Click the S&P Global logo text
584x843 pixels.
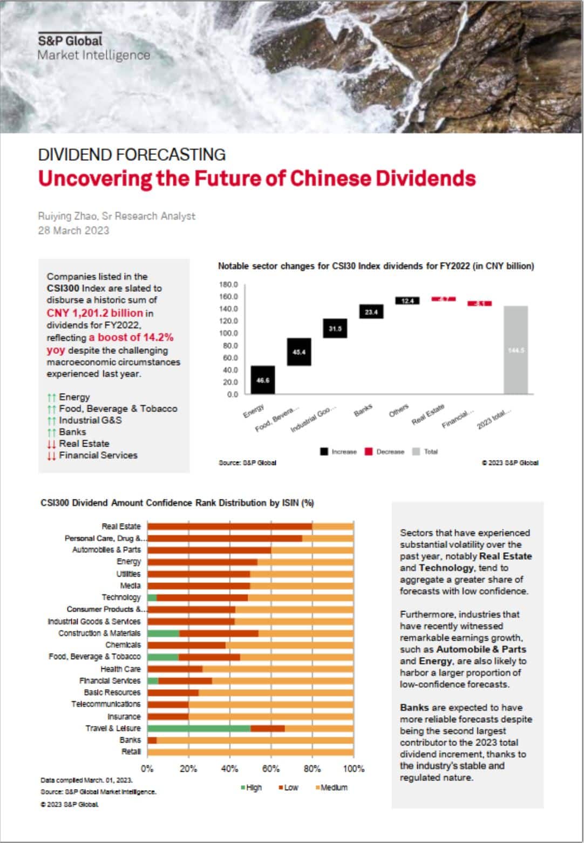[70, 40]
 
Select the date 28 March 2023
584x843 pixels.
[73, 230]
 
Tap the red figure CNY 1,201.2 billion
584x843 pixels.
[95, 313]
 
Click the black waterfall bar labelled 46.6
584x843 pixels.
[263, 380]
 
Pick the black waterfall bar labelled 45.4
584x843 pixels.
[299, 352]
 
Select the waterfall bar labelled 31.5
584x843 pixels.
[335, 328]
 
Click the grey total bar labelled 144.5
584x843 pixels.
[515, 350]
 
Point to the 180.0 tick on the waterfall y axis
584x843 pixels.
[229, 284]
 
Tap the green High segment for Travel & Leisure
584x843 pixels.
[199, 728]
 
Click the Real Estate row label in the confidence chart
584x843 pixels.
[121, 526]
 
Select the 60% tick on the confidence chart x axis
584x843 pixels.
[271, 769]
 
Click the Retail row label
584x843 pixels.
[131, 751]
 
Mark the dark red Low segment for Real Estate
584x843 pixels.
[230, 526]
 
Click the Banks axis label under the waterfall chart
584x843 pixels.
[363, 410]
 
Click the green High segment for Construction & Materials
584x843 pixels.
[164, 633]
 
